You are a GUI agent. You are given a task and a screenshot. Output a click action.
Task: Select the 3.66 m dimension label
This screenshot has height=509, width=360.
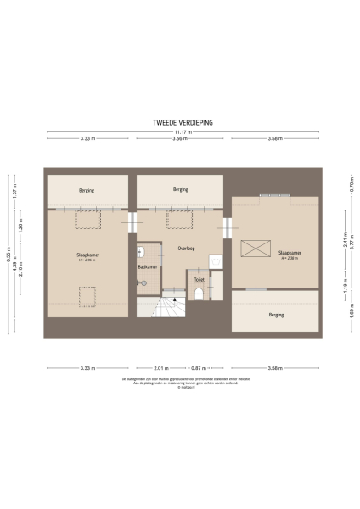tap(179, 138)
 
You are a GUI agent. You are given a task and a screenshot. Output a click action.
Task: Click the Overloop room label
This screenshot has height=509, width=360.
tap(187, 249)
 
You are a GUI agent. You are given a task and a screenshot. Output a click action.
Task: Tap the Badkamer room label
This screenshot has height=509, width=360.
tap(147, 268)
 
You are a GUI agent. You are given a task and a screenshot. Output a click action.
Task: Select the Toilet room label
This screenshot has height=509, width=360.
tap(199, 278)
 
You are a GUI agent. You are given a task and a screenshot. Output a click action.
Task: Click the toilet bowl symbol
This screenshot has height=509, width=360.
tap(199, 294)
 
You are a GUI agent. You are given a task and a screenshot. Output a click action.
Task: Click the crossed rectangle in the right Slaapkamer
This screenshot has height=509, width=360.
tap(256, 249)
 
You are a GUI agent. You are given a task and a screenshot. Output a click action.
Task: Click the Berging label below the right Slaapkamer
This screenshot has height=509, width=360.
tap(276, 315)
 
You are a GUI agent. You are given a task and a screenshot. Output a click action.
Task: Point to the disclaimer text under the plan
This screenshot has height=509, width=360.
tap(179, 382)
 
